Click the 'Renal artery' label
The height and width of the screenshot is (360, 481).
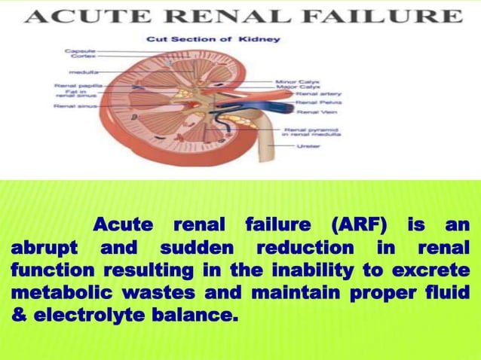[311, 93]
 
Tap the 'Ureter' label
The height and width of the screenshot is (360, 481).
[308, 145]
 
